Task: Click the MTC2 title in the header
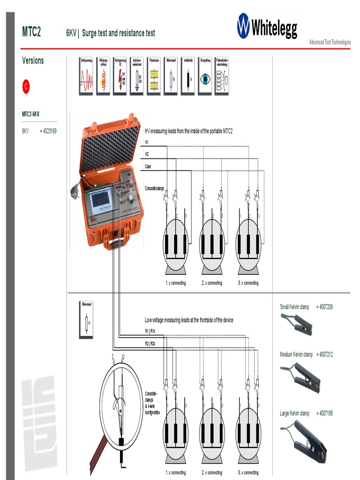pos(31,32)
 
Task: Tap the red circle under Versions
pos(26,86)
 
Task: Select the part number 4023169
pos(48,131)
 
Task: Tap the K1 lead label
pos(147,142)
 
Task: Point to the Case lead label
pos(148,166)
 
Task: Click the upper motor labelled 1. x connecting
pos(175,244)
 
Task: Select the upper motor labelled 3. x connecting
pos(248,244)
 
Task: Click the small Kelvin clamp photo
pos(296,324)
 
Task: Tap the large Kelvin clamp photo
pos(304,439)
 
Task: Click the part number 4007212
pos(324,354)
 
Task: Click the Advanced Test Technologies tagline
pos(330,42)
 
